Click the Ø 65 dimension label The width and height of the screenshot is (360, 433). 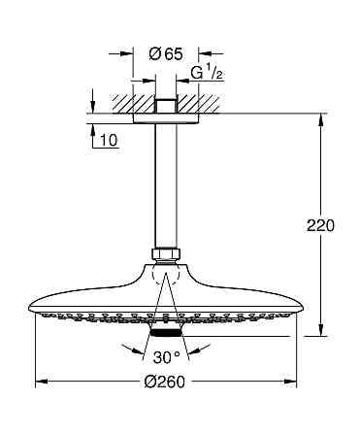tap(167, 54)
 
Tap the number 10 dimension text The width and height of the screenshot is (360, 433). tap(108, 142)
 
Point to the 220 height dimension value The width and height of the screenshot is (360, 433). tap(320, 225)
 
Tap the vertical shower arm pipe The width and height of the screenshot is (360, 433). tap(167, 184)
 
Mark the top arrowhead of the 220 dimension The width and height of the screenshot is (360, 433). tap(321, 119)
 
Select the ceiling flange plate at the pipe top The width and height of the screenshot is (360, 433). tap(167, 119)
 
